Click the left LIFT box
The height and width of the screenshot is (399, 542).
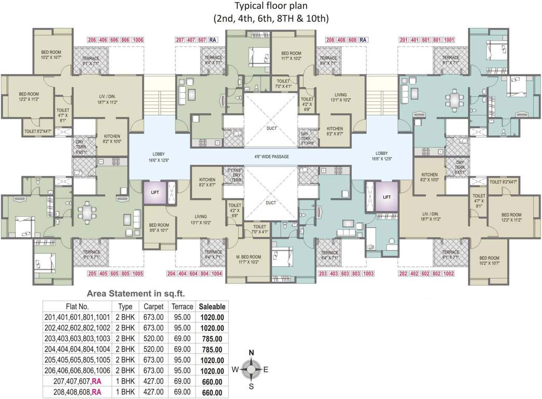point(154,191)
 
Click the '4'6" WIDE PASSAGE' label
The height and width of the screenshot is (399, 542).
point(271,156)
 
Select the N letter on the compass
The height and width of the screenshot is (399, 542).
point(251,353)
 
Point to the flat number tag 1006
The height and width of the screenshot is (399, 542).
point(138,40)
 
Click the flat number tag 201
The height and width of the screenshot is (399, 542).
point(404,40)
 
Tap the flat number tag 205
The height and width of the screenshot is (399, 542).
point(92,273)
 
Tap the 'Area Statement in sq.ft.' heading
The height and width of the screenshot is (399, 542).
point(135,293)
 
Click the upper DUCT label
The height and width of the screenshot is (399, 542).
point(271,128)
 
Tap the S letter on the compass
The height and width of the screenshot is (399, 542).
point(251,386)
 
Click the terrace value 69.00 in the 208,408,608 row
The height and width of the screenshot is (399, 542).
point(182,392)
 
